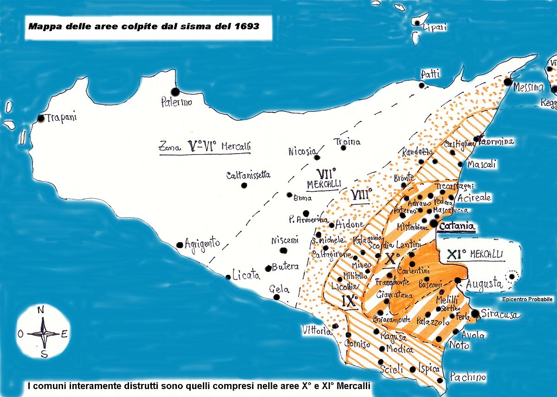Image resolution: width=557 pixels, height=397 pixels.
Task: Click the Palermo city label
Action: point(176,103)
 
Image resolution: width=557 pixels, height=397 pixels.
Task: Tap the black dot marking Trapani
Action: point(41,118)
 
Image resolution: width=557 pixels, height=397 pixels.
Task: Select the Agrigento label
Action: point(202,243)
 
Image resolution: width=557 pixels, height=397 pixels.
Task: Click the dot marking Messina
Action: point(508,82)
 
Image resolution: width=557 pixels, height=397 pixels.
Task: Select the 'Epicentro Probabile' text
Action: point(527,299)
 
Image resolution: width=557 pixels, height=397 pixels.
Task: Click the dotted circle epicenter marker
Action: point(512,276)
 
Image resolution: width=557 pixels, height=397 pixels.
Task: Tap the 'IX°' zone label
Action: point(350,300)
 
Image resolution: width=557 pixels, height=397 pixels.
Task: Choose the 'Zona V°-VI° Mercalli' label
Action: point(204,147)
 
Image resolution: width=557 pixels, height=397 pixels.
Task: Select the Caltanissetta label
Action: point(248,176)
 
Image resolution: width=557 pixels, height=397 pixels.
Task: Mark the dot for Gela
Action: point(277,297)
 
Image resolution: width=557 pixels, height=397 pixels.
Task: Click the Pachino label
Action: point(467,377)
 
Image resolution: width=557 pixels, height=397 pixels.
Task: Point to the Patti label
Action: point(430,74)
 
